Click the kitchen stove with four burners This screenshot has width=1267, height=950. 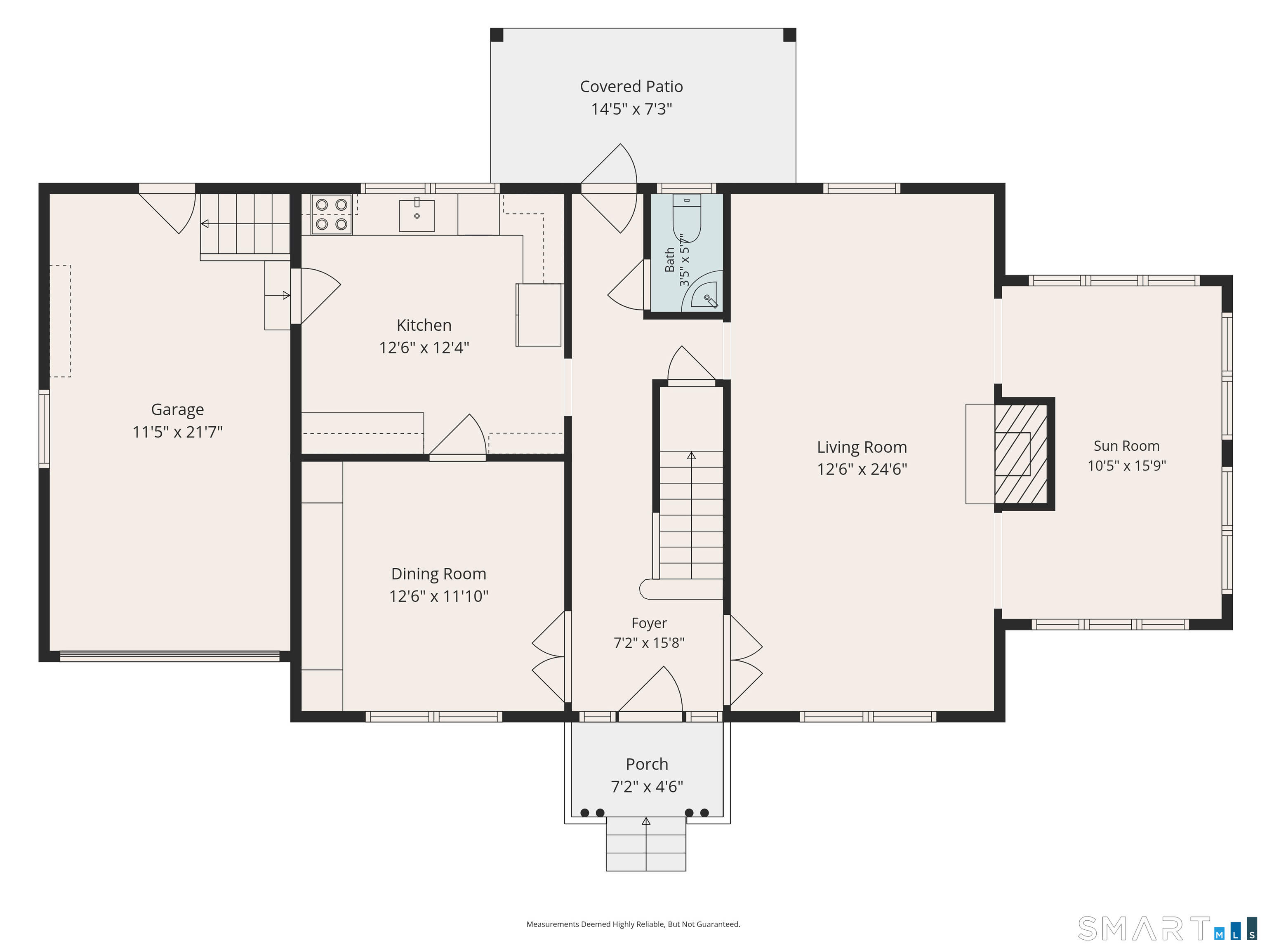(x=332, y=214)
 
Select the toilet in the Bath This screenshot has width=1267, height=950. (x=686, y=218)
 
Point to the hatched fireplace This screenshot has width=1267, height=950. (x=1021, y=454)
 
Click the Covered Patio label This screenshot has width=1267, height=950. (x=631, y=87)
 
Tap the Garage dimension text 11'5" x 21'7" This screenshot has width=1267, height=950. (x=178, y=432)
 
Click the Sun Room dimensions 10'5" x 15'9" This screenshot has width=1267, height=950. (x=1127, y=466)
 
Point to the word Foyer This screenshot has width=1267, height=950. (x=649, y=623)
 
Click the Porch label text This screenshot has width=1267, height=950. (x=647, y=764)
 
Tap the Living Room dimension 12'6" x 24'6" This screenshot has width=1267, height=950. (x=862, y=469)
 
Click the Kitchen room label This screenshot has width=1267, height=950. (x=424, y=325)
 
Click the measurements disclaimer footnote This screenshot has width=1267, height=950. (x=633, y=924)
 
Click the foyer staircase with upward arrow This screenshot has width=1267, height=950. (x=691, y=515)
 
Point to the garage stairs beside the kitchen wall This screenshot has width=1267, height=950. (x=245, y=224)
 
